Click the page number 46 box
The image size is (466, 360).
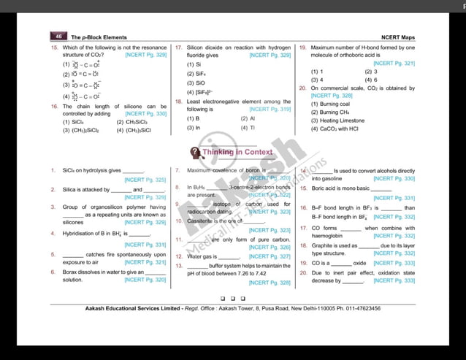58,36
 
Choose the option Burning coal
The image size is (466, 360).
333,104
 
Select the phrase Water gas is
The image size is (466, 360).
202,257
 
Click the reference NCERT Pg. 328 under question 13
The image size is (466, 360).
270,283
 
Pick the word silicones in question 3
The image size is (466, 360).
73,222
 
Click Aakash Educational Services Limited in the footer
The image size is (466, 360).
118,308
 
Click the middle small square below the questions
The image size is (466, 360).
232,298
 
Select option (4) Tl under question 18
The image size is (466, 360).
248,127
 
